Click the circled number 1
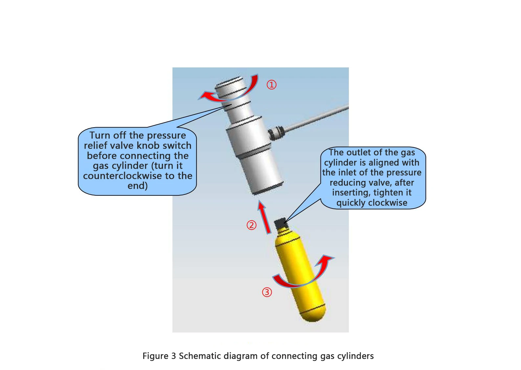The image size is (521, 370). (x=271, y=85)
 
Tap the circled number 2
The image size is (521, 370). (x=252, y=225)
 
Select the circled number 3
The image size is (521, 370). (x=267, y=292)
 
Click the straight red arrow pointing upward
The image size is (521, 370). (x=264, y=217)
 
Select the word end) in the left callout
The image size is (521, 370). (x=138, y=186)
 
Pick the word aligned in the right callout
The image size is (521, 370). (x=385, y=163)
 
